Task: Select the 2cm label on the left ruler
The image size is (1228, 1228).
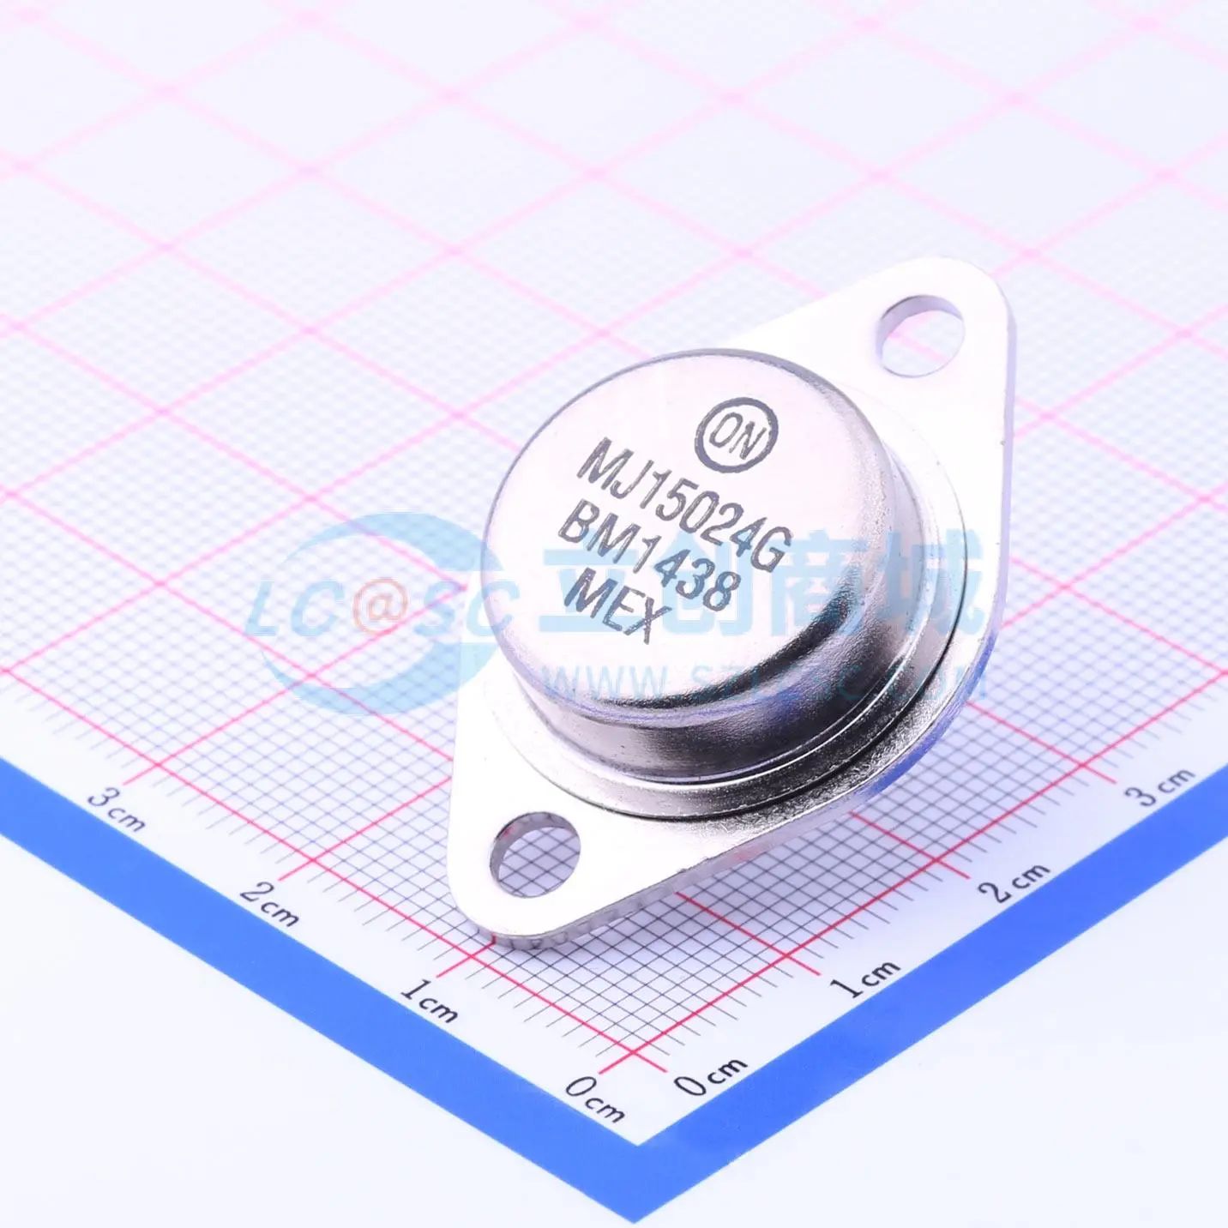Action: pos(268,903)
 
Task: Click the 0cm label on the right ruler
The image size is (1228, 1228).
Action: pos(711,1074)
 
